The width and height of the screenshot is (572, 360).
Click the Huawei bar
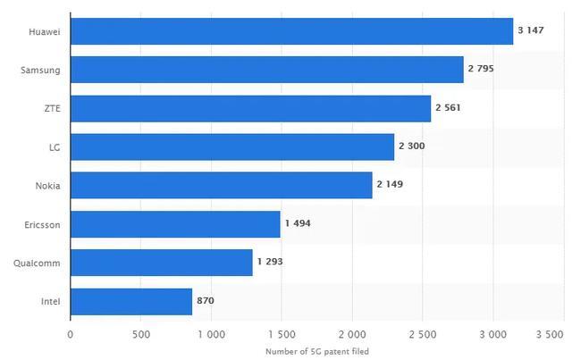pyautogui.click(x=292, y=31)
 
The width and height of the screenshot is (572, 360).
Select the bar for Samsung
pyautogui.click(x=267, y=70)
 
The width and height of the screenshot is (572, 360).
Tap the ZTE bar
pyautogui.click(x=250, y=109)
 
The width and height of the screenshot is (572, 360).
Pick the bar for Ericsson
pyautogui.click(x=175, y=224)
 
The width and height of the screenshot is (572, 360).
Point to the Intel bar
pyautogui.click(x=131, y=302)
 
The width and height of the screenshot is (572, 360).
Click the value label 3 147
pyautogui.click(x=531, y=30)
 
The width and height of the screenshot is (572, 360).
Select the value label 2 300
pyautogui.click(x=412, y=146)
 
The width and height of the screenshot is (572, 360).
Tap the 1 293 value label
pyautogui.click(x=270, y=262)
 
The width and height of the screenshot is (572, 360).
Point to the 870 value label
pyautogui.click(x=206, y=300)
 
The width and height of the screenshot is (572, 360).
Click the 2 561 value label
pyautogui.click(x=448, y=107)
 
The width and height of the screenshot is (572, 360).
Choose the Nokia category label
pyautogui.click(x=47, y=186)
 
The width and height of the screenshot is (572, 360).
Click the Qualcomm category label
pyautogui.click(x=37, y=264)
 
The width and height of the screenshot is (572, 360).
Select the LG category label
pyautogui.click(x=55, y=147)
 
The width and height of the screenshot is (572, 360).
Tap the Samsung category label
pyautogui.click(x=40, y=71)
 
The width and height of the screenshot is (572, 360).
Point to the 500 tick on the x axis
pyautogui.click(x=141, y=334)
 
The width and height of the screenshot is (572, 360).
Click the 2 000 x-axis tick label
pyautogui.click(x=352, y=334)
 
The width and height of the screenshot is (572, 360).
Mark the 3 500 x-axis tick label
pyautogui.click(x=550, y=334)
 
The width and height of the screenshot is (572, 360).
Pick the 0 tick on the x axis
pyautogui.click(x=71, y=334)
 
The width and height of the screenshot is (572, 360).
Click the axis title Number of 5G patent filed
pyautogui.click(x=317, y=352)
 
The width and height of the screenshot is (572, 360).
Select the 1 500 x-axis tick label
pyautogui.click(x=282, y=334)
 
